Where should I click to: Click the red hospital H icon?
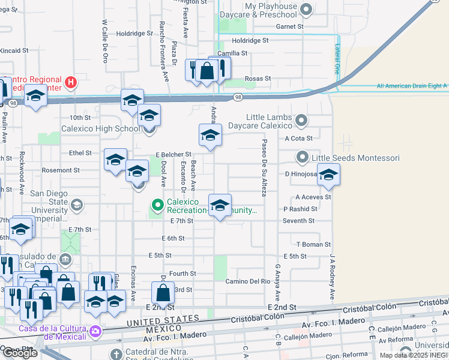coord(71,82)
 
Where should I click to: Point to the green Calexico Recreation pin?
coord(158,205)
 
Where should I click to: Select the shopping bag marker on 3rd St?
coord(163,293)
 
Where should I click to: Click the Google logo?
coord(20,353)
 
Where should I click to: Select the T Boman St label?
coord(313,244)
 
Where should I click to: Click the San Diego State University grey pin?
coord(76,206)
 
